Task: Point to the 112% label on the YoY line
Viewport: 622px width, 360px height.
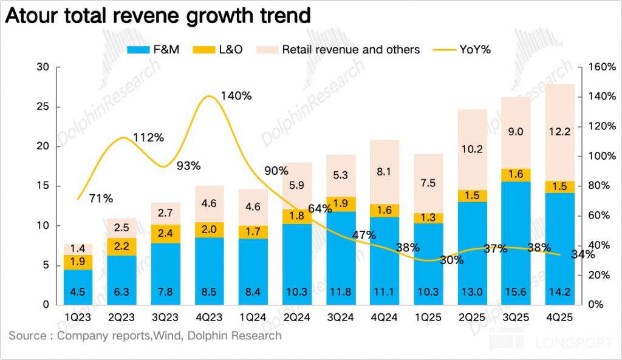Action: pos(149,137)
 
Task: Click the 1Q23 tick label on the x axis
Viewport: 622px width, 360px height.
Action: pos(78,318)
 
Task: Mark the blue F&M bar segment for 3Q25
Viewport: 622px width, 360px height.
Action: pos(516,243)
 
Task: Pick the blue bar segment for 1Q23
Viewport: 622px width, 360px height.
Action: pos(78,287)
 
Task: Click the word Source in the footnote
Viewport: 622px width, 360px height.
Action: pos(27,335)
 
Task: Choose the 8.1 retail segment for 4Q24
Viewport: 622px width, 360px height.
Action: pos(384,172)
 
